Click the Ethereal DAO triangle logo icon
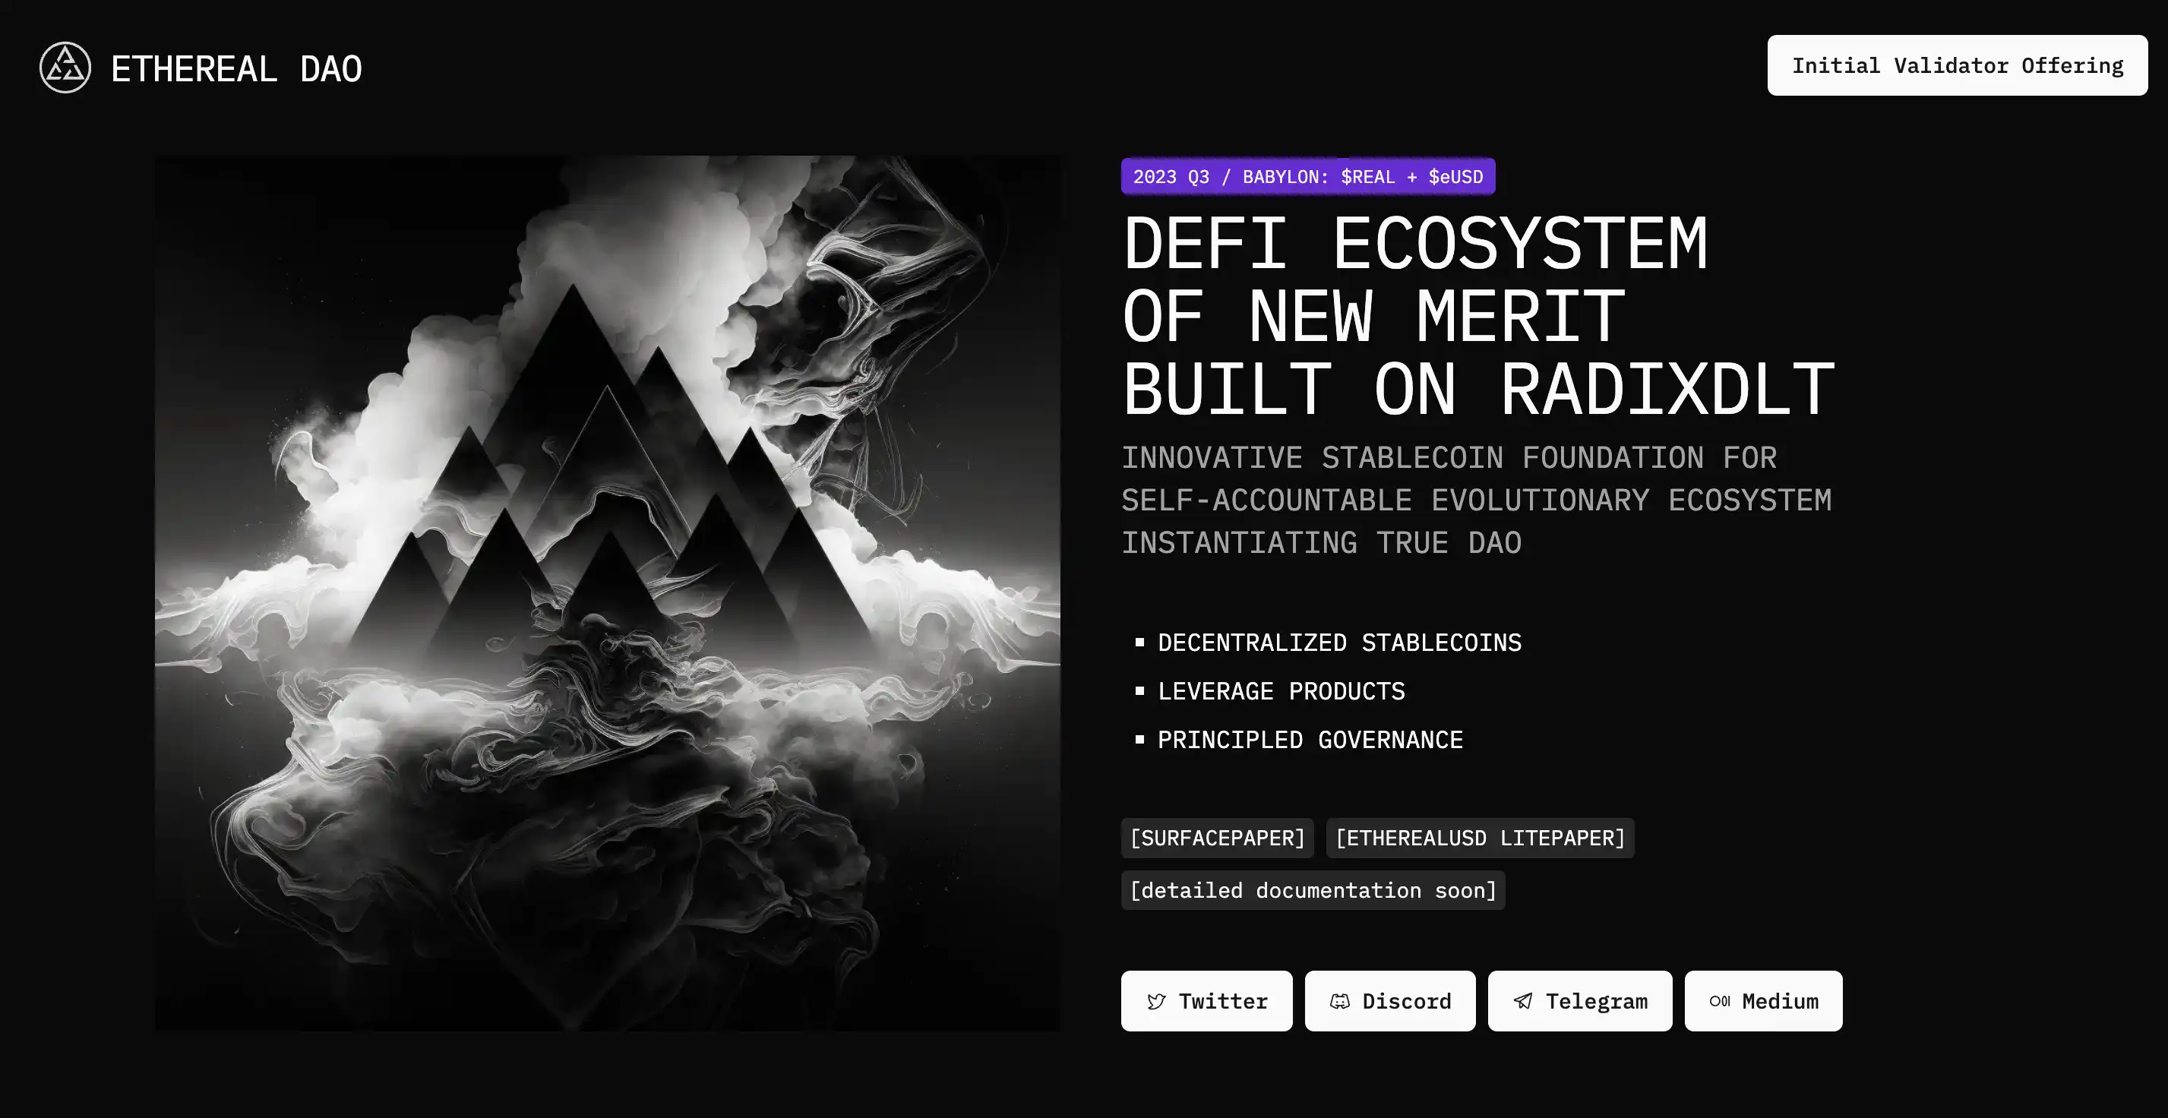65,68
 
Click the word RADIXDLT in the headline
1667,390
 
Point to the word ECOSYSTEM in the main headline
1519,244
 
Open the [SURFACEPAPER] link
1217,838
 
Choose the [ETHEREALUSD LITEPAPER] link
1480,838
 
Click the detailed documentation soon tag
1312,890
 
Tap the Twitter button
1206,1001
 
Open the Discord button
1389,1001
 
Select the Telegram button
1580,1001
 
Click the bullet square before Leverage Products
1139,690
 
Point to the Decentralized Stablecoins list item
1339,643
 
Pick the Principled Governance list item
1310,741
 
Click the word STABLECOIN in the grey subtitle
1411,459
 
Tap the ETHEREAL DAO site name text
236,69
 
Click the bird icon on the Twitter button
1156,1001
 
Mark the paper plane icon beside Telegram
1522,1001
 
